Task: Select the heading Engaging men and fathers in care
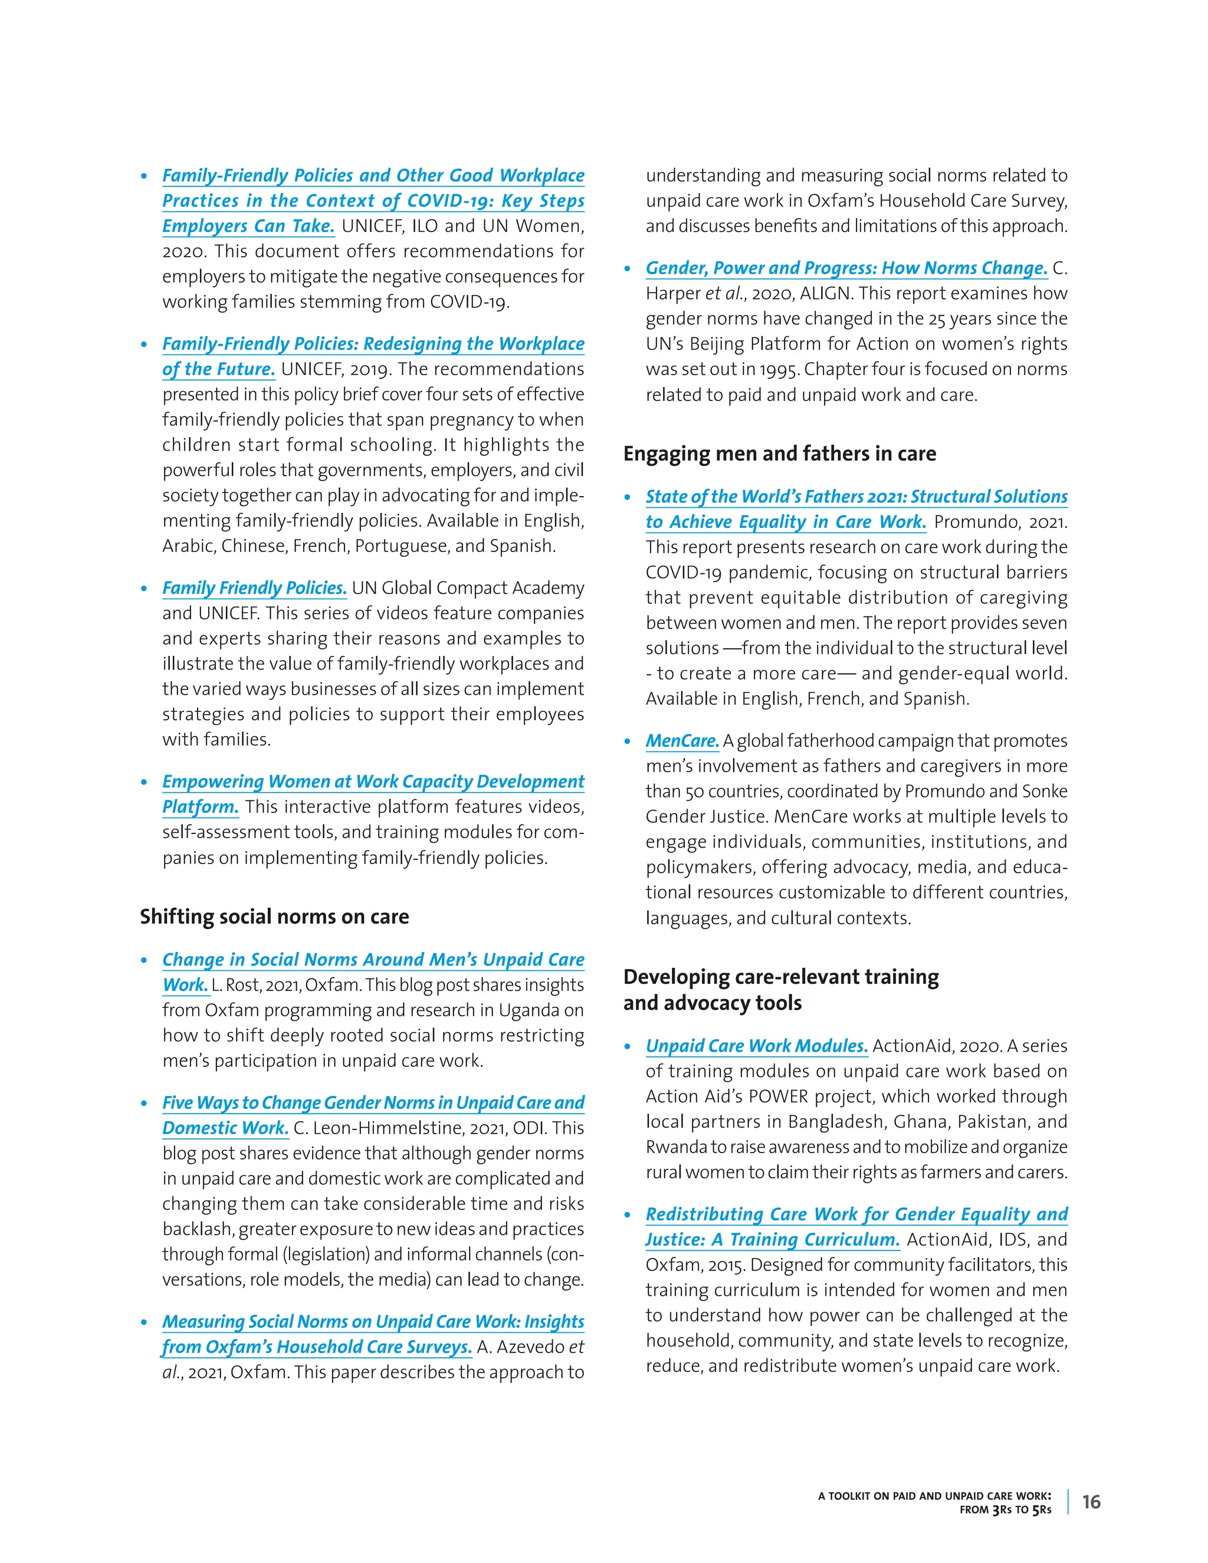click(779, 454)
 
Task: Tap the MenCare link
click(682, 741)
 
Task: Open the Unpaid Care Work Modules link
click(756, 1046)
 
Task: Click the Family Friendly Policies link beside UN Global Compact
click(254, 587)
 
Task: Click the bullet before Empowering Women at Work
click(145, 782)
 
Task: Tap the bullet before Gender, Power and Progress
click(628, 269)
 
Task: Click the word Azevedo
click(530, 1347)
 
